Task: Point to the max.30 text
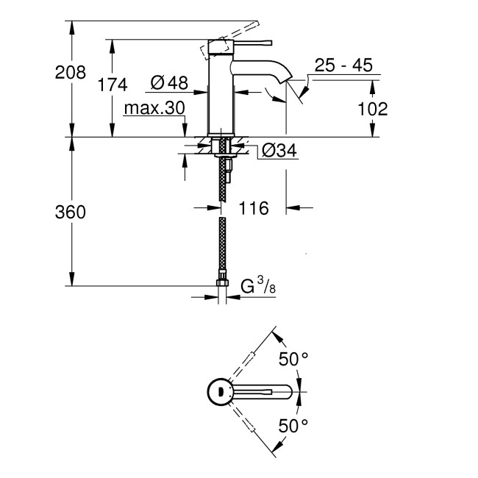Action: click(x=153, y=109)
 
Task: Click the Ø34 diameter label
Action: click(x=279, y=151)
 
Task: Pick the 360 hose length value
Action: click(x=70, y=213)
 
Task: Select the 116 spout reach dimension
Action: click(x=254, y=208)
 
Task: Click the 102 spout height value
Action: click(x=372, y=110)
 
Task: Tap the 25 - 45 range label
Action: click(x=343, y=65)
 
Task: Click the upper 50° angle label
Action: click(x=293, y=359)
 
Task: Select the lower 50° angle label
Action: click(x=293, y=424)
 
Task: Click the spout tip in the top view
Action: click(x=297, y=392)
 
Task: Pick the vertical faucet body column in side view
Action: click(x=222, y=96)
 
